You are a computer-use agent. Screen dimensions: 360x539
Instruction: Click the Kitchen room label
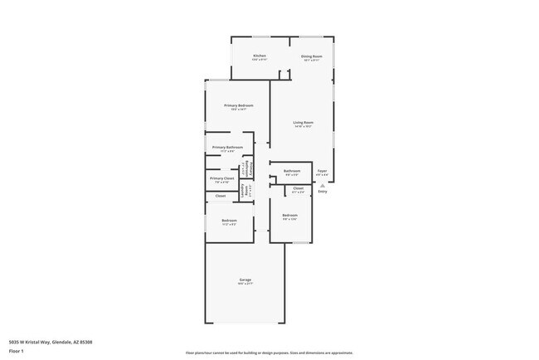pos(260,56)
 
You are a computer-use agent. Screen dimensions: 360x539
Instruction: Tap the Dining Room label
pos(311,56)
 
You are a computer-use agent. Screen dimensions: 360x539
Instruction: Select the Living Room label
pos(303,123)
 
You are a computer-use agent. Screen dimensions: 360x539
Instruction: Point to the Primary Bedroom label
pos(238,105)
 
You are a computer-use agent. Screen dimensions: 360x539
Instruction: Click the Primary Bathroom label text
pos(227,147)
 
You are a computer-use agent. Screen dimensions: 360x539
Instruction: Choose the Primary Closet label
pos(221,178)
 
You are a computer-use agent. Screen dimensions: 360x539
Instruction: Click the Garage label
pos(246,280)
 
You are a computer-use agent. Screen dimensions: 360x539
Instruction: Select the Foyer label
pos(323,172)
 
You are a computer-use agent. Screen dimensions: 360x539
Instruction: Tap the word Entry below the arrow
pos(323,192)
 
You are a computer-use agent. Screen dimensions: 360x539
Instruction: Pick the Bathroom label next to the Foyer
pos(292,172)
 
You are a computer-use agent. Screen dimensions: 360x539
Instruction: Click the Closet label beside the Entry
pos(299,188)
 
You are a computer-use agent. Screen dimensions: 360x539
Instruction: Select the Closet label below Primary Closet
pos(221,196)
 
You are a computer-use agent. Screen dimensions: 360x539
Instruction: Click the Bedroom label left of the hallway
pos(229,220)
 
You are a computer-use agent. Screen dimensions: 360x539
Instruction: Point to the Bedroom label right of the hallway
pos(289,215)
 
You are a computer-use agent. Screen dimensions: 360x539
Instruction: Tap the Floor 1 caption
pos(17,350)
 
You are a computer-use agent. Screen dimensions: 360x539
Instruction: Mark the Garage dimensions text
pos(246,284)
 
